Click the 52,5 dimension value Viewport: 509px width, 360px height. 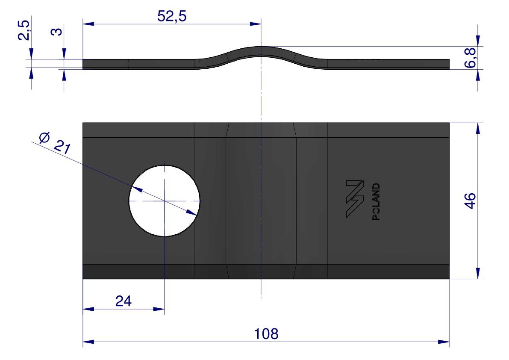(x=172, y=16)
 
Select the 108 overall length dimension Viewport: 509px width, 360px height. (x=266, y=334)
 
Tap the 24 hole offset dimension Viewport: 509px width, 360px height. (x=124, y=301)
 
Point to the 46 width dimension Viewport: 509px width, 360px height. (x=471, y=201)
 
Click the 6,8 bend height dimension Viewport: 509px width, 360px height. (x=471, y=58)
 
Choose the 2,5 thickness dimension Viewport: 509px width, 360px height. (x=24, y=30)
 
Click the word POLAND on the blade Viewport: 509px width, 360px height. (x=376, y=201)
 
